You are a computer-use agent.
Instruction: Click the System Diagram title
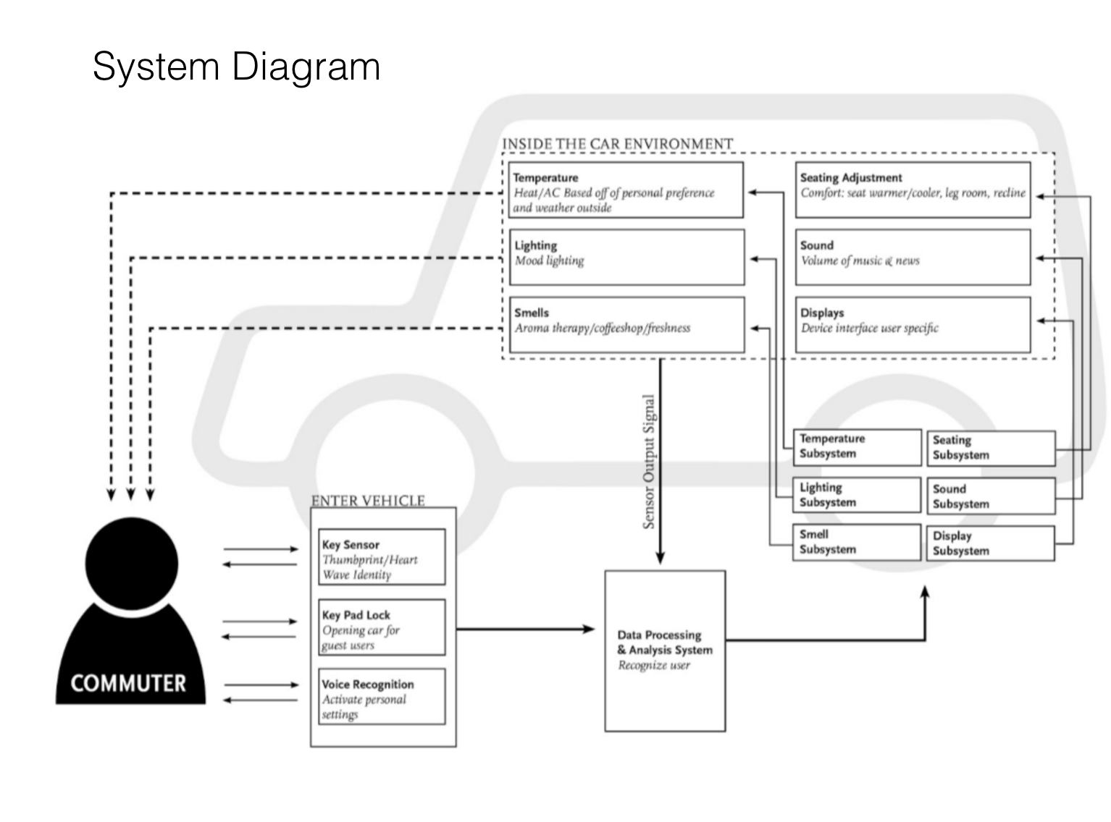pyautogui.click(x=236, y=67)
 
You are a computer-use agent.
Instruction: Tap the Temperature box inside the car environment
pyautogui.click(x=626, y=190)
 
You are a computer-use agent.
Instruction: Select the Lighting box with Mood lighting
pyautogui.click(x=626, y=258)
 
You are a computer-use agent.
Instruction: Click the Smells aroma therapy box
pyautogui.click(x=626, y=325)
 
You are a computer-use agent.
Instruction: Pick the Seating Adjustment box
pyautogui.click(x=913, y=190)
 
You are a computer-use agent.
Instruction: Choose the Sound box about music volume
pyautogui.click(x=913, y=258)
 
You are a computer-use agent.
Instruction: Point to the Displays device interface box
pyautogui.click(x=913, y=325)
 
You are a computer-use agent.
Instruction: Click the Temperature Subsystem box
pyautogui.click(x=857, y=447)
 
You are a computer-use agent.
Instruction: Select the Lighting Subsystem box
pyautogui.click(x=857, y=495)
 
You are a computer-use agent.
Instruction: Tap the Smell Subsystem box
pyautogui.click(x=857, y=542)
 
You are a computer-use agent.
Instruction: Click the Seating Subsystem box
pyautogui.click(x=991, y=448)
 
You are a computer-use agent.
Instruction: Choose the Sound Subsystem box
pyautogui.click(x=991, y=496)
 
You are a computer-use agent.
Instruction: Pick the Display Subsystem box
pyautogui.click(x=990, y=543)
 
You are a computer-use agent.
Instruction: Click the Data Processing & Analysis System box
pyautogui.click(x=665, y=651)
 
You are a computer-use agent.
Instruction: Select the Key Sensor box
pyautogui.click(x=382, y=556)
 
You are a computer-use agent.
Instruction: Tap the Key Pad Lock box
pyautogui.click(x=382, y=627)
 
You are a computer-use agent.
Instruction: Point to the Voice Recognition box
pyautogui.click(x=382, y=696)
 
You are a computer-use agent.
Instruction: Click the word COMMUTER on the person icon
pyautogui.click(x=128, y=683)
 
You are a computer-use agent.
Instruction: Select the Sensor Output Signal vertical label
pyautogui.click(x=648, y=462)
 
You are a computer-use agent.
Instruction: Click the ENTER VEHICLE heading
pyautogui.click(x=368, y=500)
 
